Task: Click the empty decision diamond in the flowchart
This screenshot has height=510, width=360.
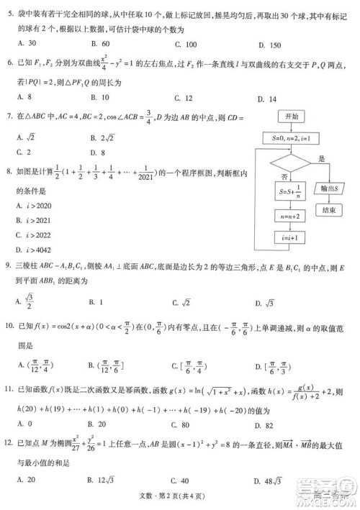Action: pos(292,163)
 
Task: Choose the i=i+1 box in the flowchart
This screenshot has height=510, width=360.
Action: pos(292,237)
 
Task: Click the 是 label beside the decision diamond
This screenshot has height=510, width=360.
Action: pos(321,159)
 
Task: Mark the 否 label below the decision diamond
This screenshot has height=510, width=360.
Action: pos(286,176)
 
